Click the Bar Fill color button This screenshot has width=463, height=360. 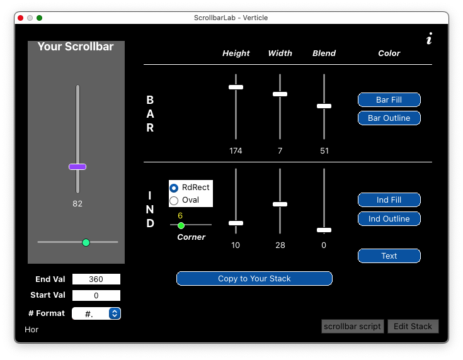point(389,99)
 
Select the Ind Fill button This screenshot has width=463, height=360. point(389,200)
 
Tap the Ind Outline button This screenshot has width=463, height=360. point(389,218)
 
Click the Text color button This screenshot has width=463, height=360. point(389,256)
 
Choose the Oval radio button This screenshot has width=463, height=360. point(174,201)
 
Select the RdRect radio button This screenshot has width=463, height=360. point(174,188)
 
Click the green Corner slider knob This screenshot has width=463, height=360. point(181,225)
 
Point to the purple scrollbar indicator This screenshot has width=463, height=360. point(77,167)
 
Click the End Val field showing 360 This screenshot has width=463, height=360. point(96,279)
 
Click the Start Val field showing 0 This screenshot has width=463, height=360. point(96,295)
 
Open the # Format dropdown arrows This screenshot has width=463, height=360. point(115,313)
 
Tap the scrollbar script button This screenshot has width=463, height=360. point(352,327)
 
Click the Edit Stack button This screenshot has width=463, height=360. point(413,327)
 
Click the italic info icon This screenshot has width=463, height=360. point(429,38)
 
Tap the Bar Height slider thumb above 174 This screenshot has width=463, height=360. point(236,87)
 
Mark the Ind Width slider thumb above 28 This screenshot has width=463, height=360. point(280,204)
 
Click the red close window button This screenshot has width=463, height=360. point(20,18)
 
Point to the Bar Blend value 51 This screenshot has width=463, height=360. point(324,151)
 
